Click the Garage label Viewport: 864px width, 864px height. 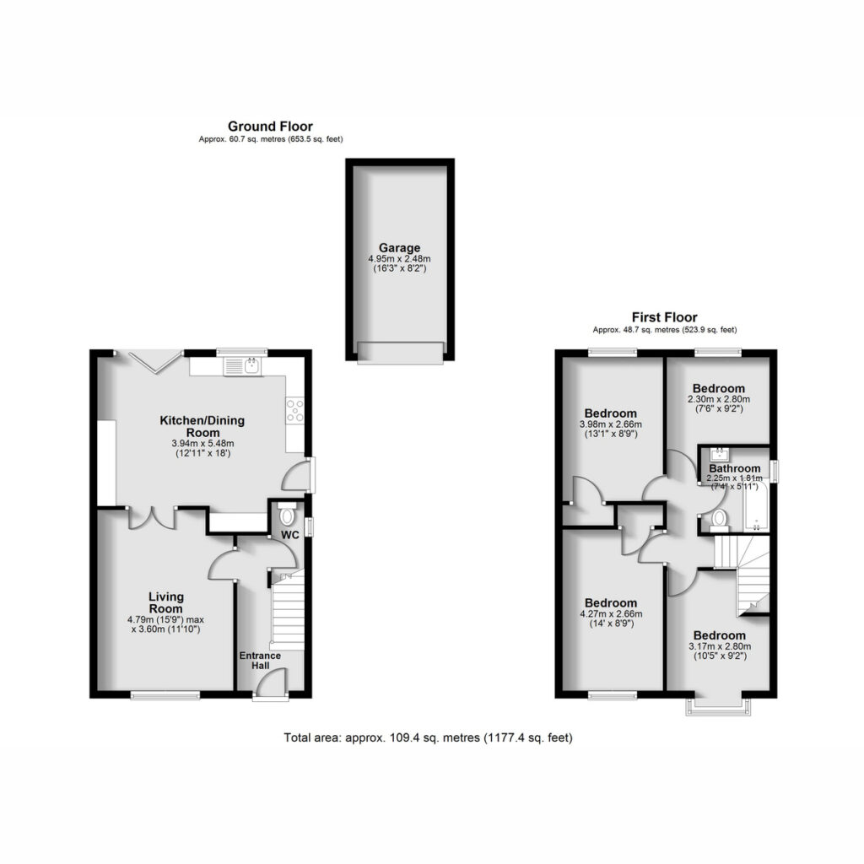399,248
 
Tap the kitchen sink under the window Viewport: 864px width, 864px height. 242,366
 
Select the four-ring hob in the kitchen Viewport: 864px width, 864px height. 294,411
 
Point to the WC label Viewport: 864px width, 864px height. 290,535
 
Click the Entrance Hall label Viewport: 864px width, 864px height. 260,660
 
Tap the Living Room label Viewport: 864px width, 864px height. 166,602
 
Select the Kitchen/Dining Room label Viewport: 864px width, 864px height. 202,426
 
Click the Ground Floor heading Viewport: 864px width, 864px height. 270,127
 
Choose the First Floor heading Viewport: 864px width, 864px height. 665,317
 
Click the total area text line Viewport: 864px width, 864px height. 428,737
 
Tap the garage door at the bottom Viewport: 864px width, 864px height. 400,353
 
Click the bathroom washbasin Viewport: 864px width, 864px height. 720,455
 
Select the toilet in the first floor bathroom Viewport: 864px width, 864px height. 719,520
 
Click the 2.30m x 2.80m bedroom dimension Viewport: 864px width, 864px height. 719,399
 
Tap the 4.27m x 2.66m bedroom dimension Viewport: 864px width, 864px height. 611,614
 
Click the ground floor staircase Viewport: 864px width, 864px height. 287,609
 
